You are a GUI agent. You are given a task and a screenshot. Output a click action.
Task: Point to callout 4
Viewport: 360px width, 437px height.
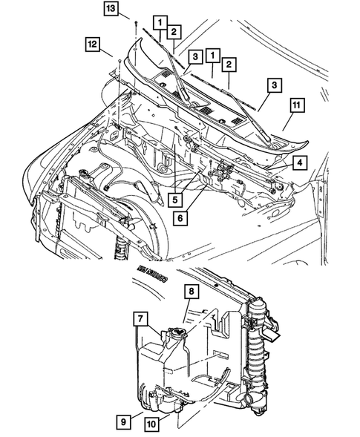click(x=299, y=162)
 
